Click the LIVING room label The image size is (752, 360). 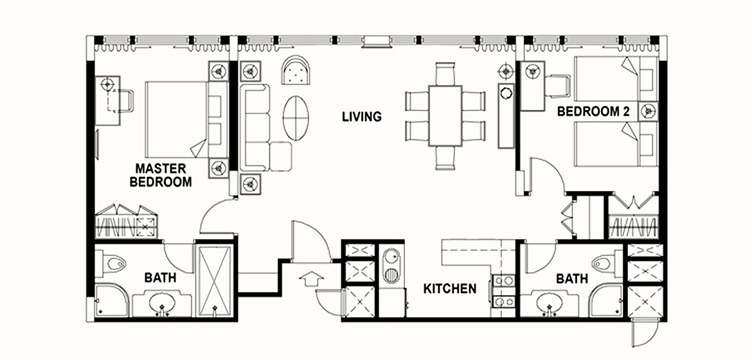click(362, 116)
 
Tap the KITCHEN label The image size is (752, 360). click(450, 289)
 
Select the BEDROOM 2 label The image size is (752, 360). click(593, 112)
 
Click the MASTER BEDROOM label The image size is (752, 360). click(161, 175)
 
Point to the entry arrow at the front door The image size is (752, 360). click(311, 278)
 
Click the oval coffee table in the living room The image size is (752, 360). click(296, 118)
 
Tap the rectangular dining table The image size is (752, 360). click(445, 115)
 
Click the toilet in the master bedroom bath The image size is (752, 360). click(111, 264)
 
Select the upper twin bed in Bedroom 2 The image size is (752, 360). click(616, 78)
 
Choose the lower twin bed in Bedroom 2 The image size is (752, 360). click(616, 143)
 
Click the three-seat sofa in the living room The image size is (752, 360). click(255, 128)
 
